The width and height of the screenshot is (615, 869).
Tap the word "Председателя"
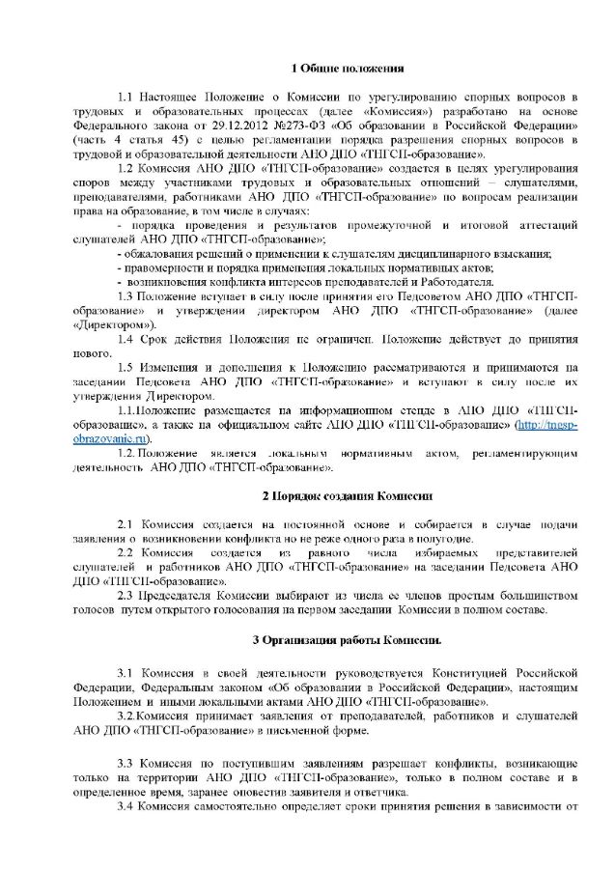pyautogui.click(x=177, y=596)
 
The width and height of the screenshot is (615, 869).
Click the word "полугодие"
pyautogui.click(x=446, y=538)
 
